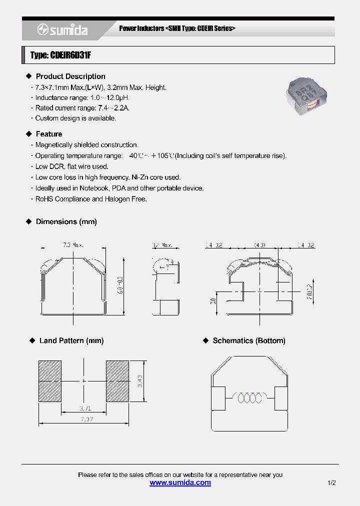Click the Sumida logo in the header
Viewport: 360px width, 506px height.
tap(62, 30)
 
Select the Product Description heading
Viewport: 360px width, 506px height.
tap(70, 76)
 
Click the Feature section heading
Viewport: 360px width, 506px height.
tap(49, 134)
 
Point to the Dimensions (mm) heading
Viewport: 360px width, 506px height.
tap(66, 221)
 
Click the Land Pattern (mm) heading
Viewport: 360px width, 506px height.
tap(71, 340)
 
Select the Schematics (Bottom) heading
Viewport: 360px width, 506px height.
tap(249, 340)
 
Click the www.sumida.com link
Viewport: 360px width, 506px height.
tap(180, 482)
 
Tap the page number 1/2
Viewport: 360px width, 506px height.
tap(332, 483)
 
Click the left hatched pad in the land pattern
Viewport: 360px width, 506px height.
tap(50, 381)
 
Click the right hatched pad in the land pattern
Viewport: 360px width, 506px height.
tap(117, 381)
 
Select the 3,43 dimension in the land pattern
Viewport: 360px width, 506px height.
tap(141, 381)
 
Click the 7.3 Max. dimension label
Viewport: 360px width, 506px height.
tap(73, 245)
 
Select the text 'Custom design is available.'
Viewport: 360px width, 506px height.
tap(75, 118)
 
